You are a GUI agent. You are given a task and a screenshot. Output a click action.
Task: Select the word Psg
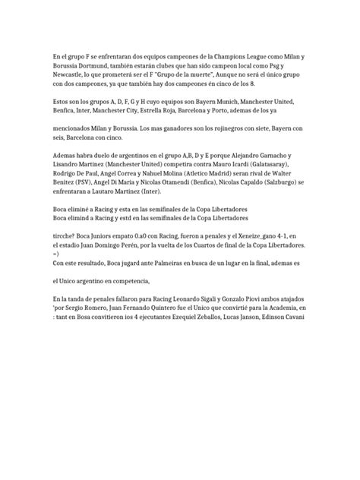tap(290, 66)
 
